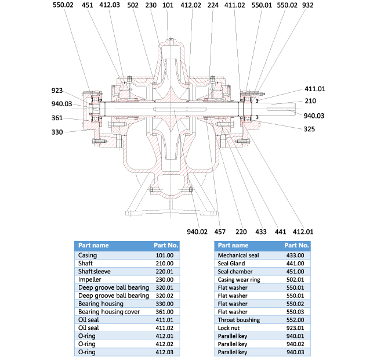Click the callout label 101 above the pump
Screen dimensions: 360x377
pyautogui.click(x=168, y=5)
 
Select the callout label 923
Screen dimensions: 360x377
pyautogui.click(x=57, y=91)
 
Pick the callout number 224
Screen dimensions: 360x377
pyautogui.click(x=213, y=5)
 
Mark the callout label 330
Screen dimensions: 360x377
pyautogui.click(x=57, y=132)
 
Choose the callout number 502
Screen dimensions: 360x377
pyautogui.click(x=132, y=5)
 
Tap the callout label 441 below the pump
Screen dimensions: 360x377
pyautogui.click(x=281, y=232)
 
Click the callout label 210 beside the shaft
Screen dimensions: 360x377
pyautogui.click(x=310, y=101)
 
